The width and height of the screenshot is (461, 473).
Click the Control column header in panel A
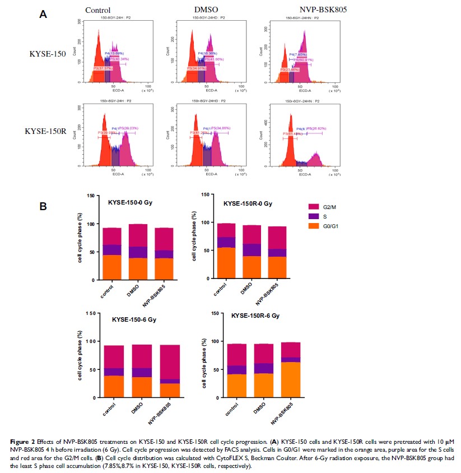point(97,10)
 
